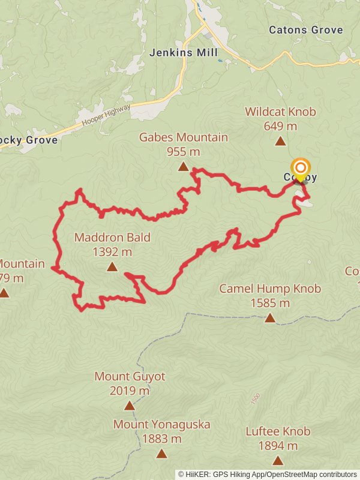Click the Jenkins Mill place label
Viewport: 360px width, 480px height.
pyautogui.click(x=184, y=53)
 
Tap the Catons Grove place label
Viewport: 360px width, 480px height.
pyautogui.click(x=306, y=29)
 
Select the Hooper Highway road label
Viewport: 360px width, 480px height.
pyautogui.click(x=106, y=118)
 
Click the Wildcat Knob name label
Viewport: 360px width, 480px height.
pyautogui.click(x=280, y=112)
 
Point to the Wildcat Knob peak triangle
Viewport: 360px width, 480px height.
pyautogui.click(x=280, y=142)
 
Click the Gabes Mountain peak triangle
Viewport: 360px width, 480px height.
pyautogui.click(x=183, y=167)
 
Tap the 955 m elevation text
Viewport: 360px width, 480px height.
pyautogui.click(x=183, y=151)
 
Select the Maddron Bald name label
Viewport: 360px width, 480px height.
pyautogui.click(x=112, y=238)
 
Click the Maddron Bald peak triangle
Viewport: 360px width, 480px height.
pyautogui.click(x=112, y=268)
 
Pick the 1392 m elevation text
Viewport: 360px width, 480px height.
pyautogui.click(x=112, y=252)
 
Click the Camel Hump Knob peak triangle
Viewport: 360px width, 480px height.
pyautogui.click(x=270, y=319)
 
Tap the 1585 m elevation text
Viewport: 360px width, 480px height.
pyautogui.click(x=270, y=303)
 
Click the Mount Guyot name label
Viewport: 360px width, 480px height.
pyautogui.click(x=130, y=377)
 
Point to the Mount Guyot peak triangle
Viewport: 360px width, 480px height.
pyautogui.click(x=130, y=406)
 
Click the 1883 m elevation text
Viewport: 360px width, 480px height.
pyautogui.click(x=161, y=439)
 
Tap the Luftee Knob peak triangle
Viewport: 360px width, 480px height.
pyautogui.click(x=278, y=461)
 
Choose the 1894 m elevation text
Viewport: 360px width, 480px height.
pyautogui.click(x=278, y=446)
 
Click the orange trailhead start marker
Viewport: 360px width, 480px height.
pyautogui.click(x=300, y=168)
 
